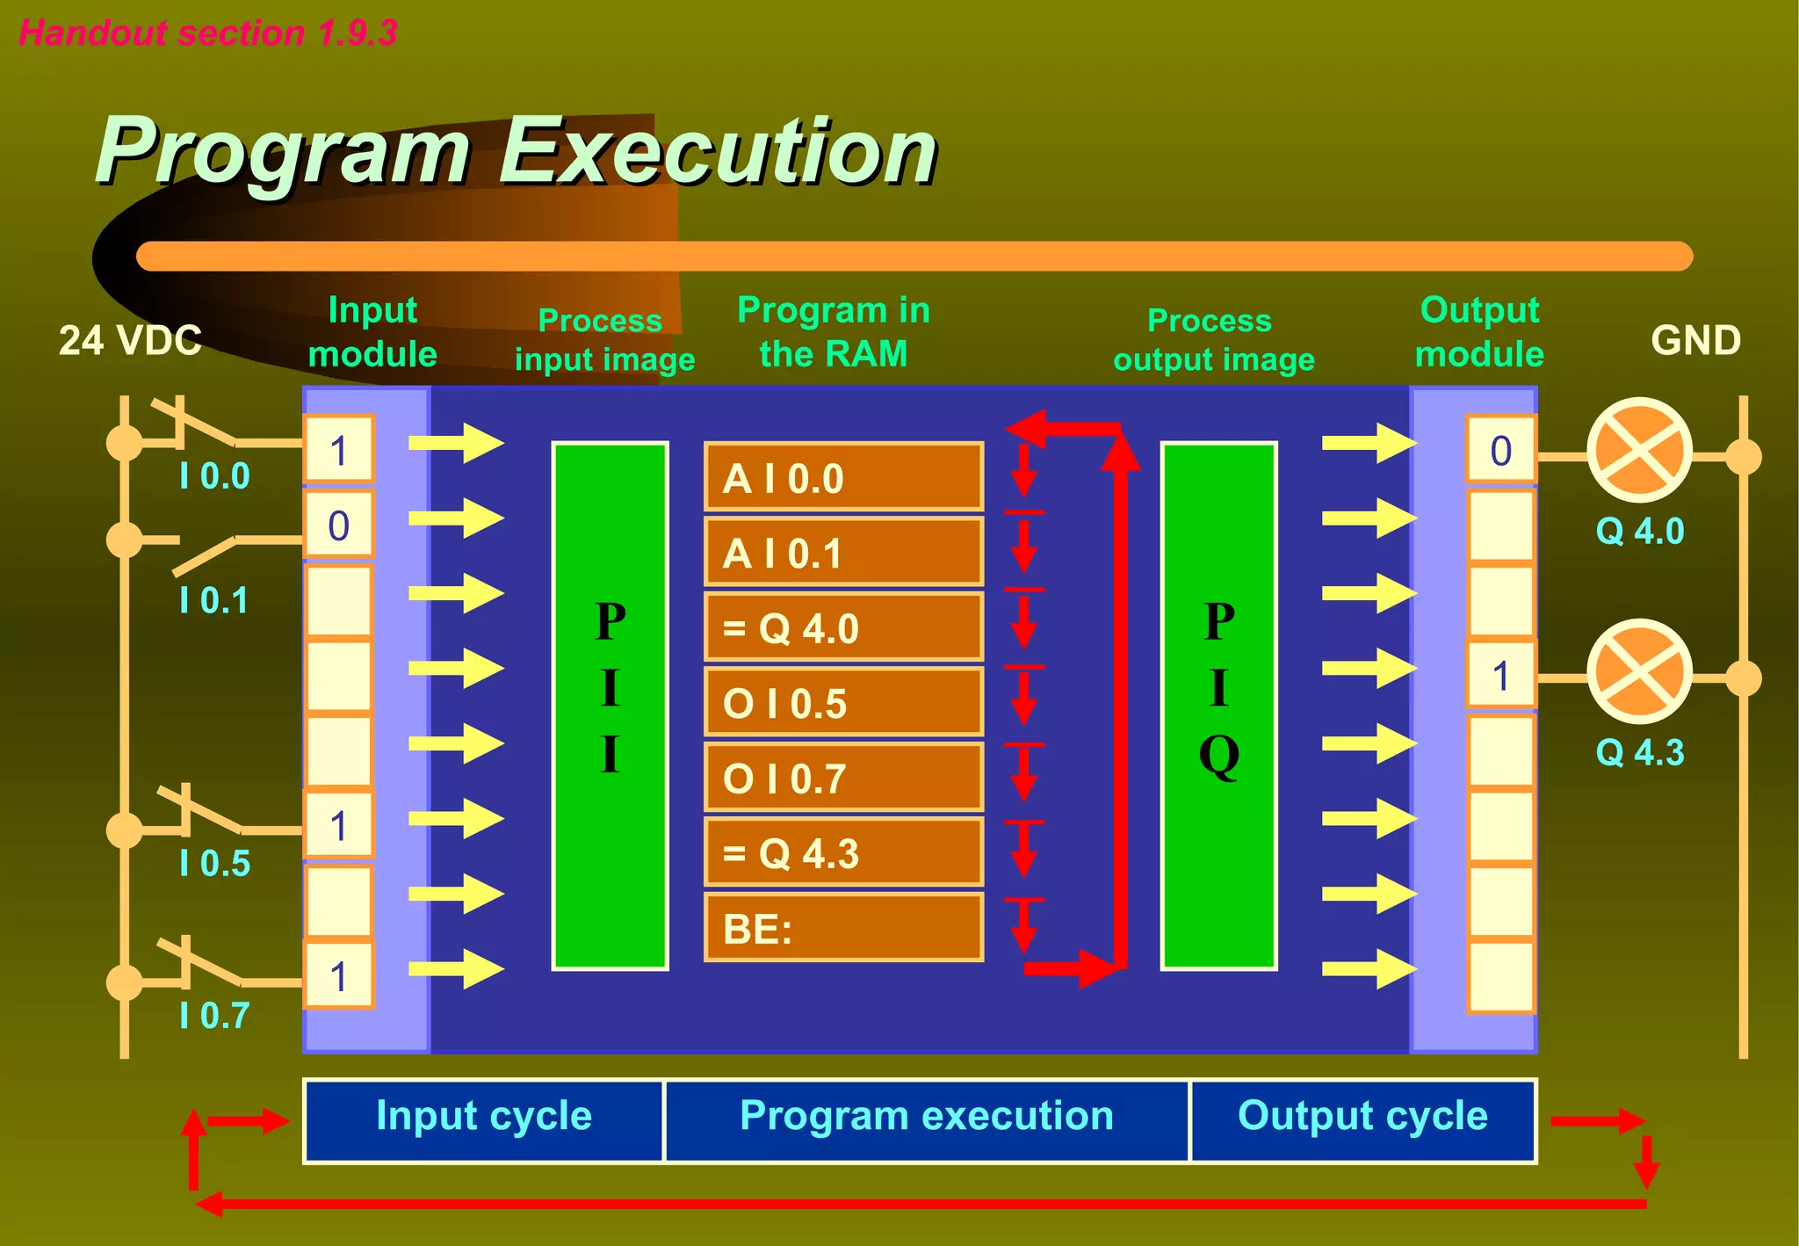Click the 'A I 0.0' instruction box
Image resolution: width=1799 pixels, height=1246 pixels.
click(843, 478)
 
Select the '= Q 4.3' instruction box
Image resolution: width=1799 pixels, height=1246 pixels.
click(843, 853)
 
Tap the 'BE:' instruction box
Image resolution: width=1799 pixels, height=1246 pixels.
click(843, 929)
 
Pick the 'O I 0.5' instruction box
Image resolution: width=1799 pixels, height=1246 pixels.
click(843, 703)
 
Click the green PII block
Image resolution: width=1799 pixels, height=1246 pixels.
click(610, 706)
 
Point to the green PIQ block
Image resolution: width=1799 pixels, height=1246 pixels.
click(1218, 706)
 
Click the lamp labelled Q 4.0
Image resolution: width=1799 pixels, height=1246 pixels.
click(1639, 451)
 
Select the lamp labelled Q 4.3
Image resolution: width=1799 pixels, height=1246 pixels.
click(1639, 673)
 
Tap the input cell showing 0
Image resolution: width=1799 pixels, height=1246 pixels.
click(339, 525)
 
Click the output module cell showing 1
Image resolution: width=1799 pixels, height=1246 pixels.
click(1500, 676)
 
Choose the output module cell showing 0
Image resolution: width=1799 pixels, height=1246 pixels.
click(1500, 451)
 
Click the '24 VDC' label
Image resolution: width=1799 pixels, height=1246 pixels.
click(130, 340)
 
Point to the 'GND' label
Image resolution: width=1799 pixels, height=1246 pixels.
click(1695, 340)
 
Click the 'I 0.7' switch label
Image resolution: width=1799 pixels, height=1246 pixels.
click(214, 1015)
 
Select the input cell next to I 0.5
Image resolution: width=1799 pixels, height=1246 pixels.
click(339, 826)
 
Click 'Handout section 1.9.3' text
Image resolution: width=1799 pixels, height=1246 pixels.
click(208, 33)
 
